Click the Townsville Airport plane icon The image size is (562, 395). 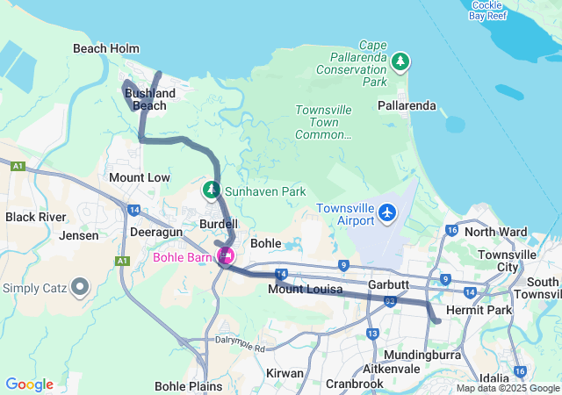pos(387,212)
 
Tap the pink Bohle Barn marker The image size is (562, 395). pos(226,256)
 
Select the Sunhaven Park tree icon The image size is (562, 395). pos(212,190)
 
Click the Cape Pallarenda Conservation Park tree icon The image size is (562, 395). pos(400,61)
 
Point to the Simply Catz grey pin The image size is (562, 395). pos(80,286)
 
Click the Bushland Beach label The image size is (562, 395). pos(149,99)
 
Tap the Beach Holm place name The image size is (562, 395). pos(101,49)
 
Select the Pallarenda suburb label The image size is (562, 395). pos(406,105)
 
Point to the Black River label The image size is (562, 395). pos(36,217)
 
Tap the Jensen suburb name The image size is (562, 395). pos(79,235)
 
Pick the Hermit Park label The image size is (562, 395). pos(479,312)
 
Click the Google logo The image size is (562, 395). pos(29,384)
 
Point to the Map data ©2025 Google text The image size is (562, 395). pos(507,389)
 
